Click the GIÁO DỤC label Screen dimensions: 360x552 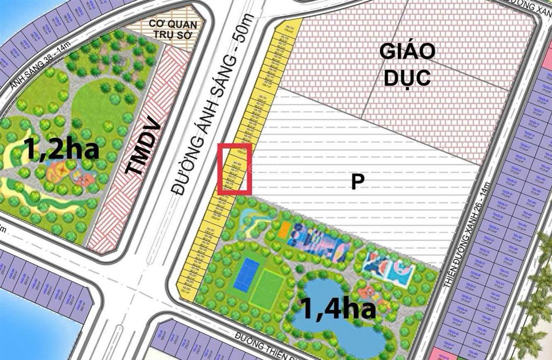(407, 65)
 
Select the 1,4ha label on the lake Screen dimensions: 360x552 (337, 309)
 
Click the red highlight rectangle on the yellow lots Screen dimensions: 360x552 (235, 169)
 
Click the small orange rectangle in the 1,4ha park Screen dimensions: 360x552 (284, 230)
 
